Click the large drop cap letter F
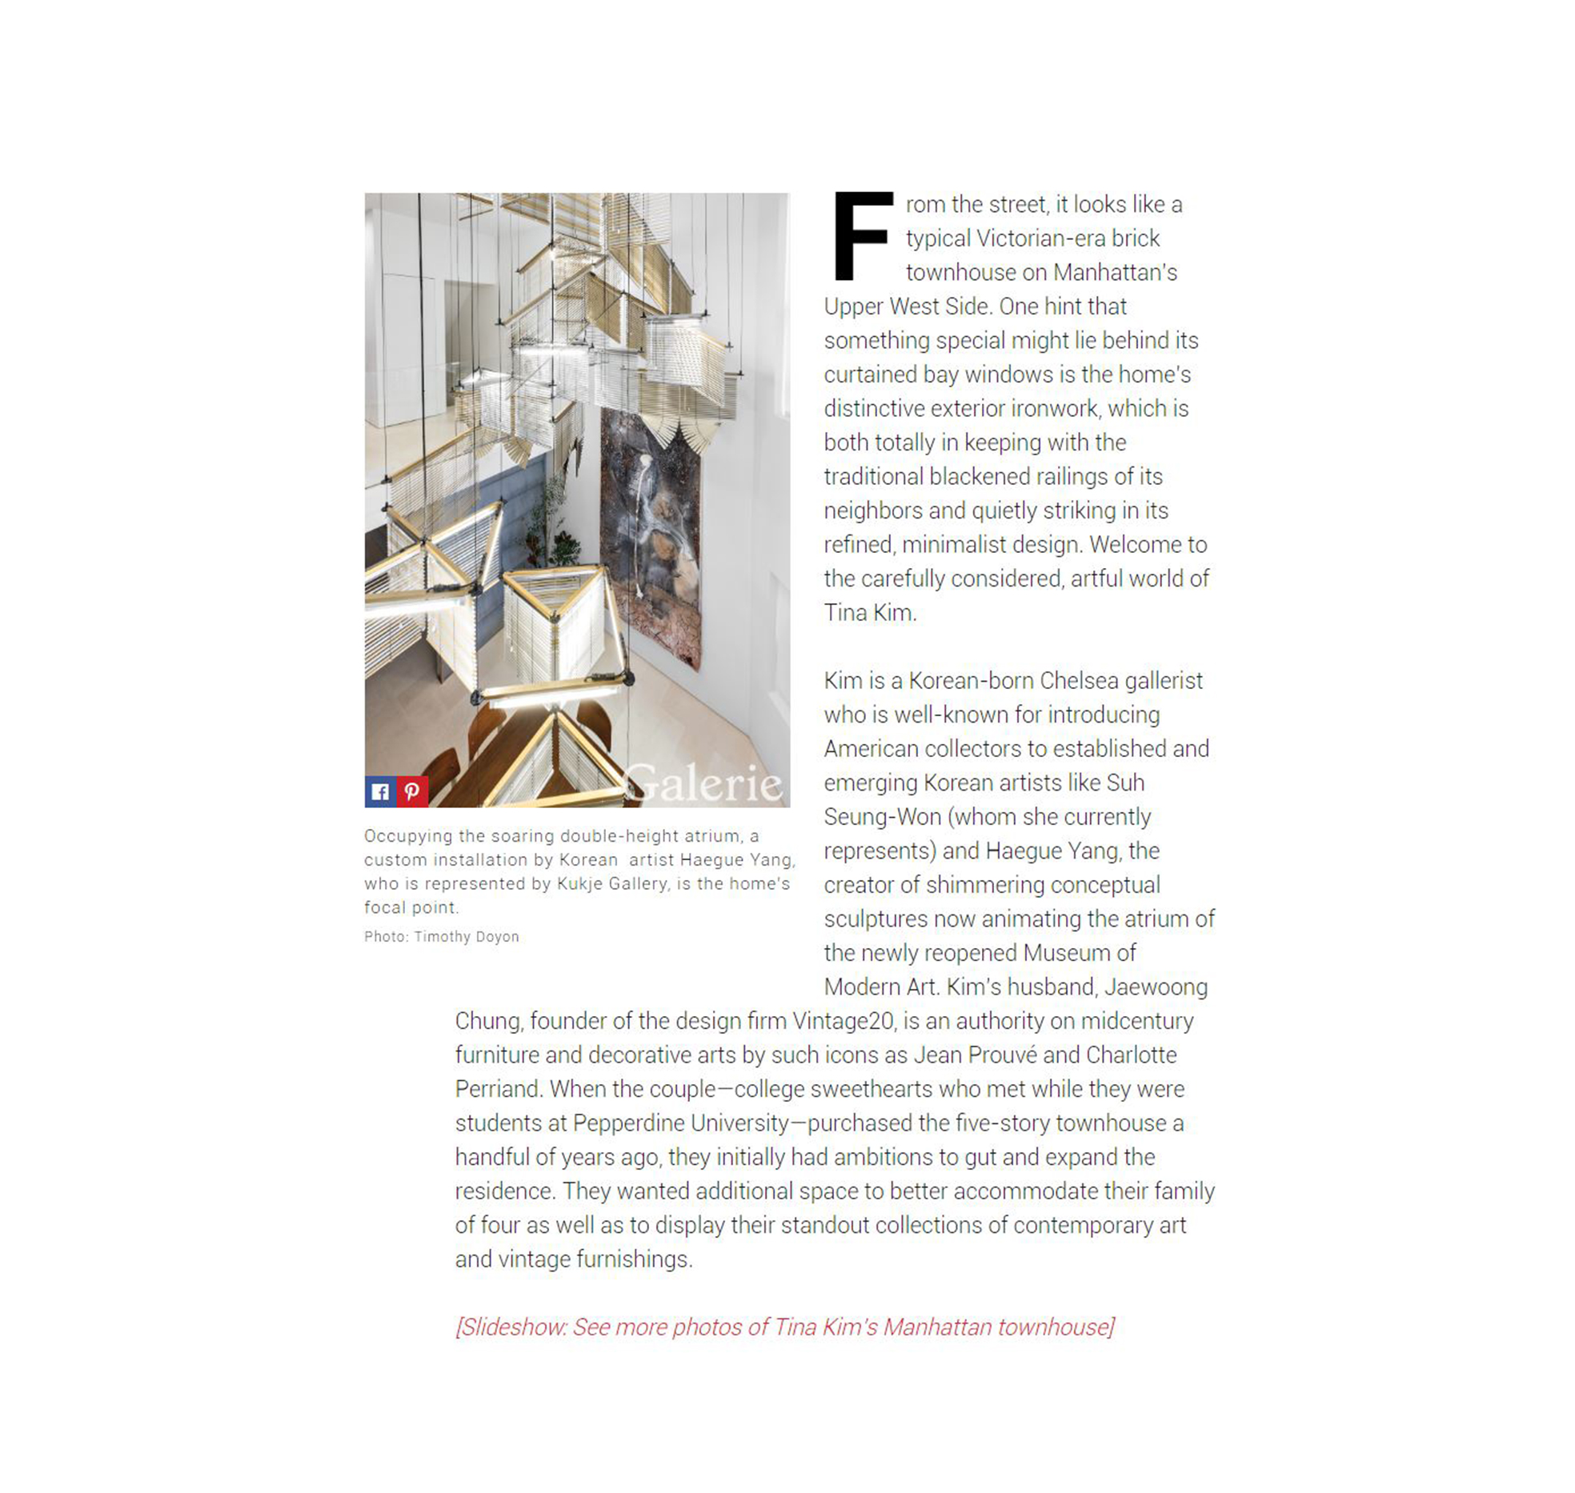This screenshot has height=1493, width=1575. pyautogui.click(x=861, y=236)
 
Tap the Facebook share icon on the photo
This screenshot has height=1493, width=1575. pyautogui.click(x=380, y=791)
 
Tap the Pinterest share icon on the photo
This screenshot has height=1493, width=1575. pyautogui.click(x=412, y=791)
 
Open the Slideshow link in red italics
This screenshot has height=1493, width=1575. pyautogui.click(x=784, y=1327)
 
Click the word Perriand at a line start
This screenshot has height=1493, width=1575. pyautogui.click(x=499, y=1089)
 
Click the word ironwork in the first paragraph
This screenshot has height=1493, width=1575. pyautogui.click(x=1053, y=408)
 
